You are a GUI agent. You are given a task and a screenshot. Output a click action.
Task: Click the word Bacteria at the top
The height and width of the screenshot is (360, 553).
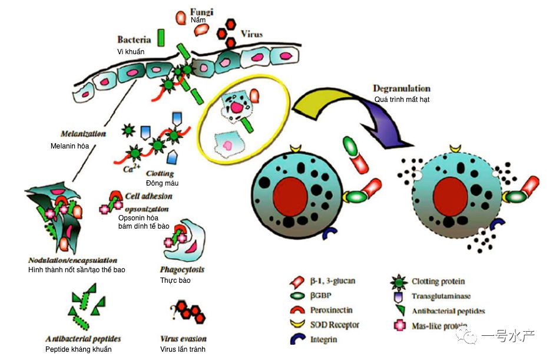tap(135, 40)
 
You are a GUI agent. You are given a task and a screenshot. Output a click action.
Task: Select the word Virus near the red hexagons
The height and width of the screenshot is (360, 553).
tap(251, 34)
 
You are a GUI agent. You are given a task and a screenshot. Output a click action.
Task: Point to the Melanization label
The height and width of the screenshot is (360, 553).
tap(83, 134)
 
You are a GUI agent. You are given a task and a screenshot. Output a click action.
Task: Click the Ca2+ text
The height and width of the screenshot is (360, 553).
tap(131, 170)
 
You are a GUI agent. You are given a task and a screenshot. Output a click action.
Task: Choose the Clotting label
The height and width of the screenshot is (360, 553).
tap(160, 173)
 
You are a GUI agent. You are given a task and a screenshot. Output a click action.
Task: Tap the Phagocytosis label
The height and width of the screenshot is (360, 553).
tap(182, 269)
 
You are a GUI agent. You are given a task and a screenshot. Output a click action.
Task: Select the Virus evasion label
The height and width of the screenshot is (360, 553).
tap(183, 339)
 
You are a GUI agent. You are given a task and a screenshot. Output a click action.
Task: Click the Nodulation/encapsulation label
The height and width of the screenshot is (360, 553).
tap(72, 260)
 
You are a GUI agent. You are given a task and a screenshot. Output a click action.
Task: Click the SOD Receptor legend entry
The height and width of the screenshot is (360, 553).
tap(335, 325)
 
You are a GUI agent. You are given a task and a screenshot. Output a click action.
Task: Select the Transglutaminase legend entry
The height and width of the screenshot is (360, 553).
tap(442, 296)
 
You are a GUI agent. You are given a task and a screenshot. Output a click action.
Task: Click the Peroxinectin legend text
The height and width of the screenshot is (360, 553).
tap(332, 310)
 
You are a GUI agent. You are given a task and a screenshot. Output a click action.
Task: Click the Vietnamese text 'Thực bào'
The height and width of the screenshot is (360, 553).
tap(175, 280)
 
